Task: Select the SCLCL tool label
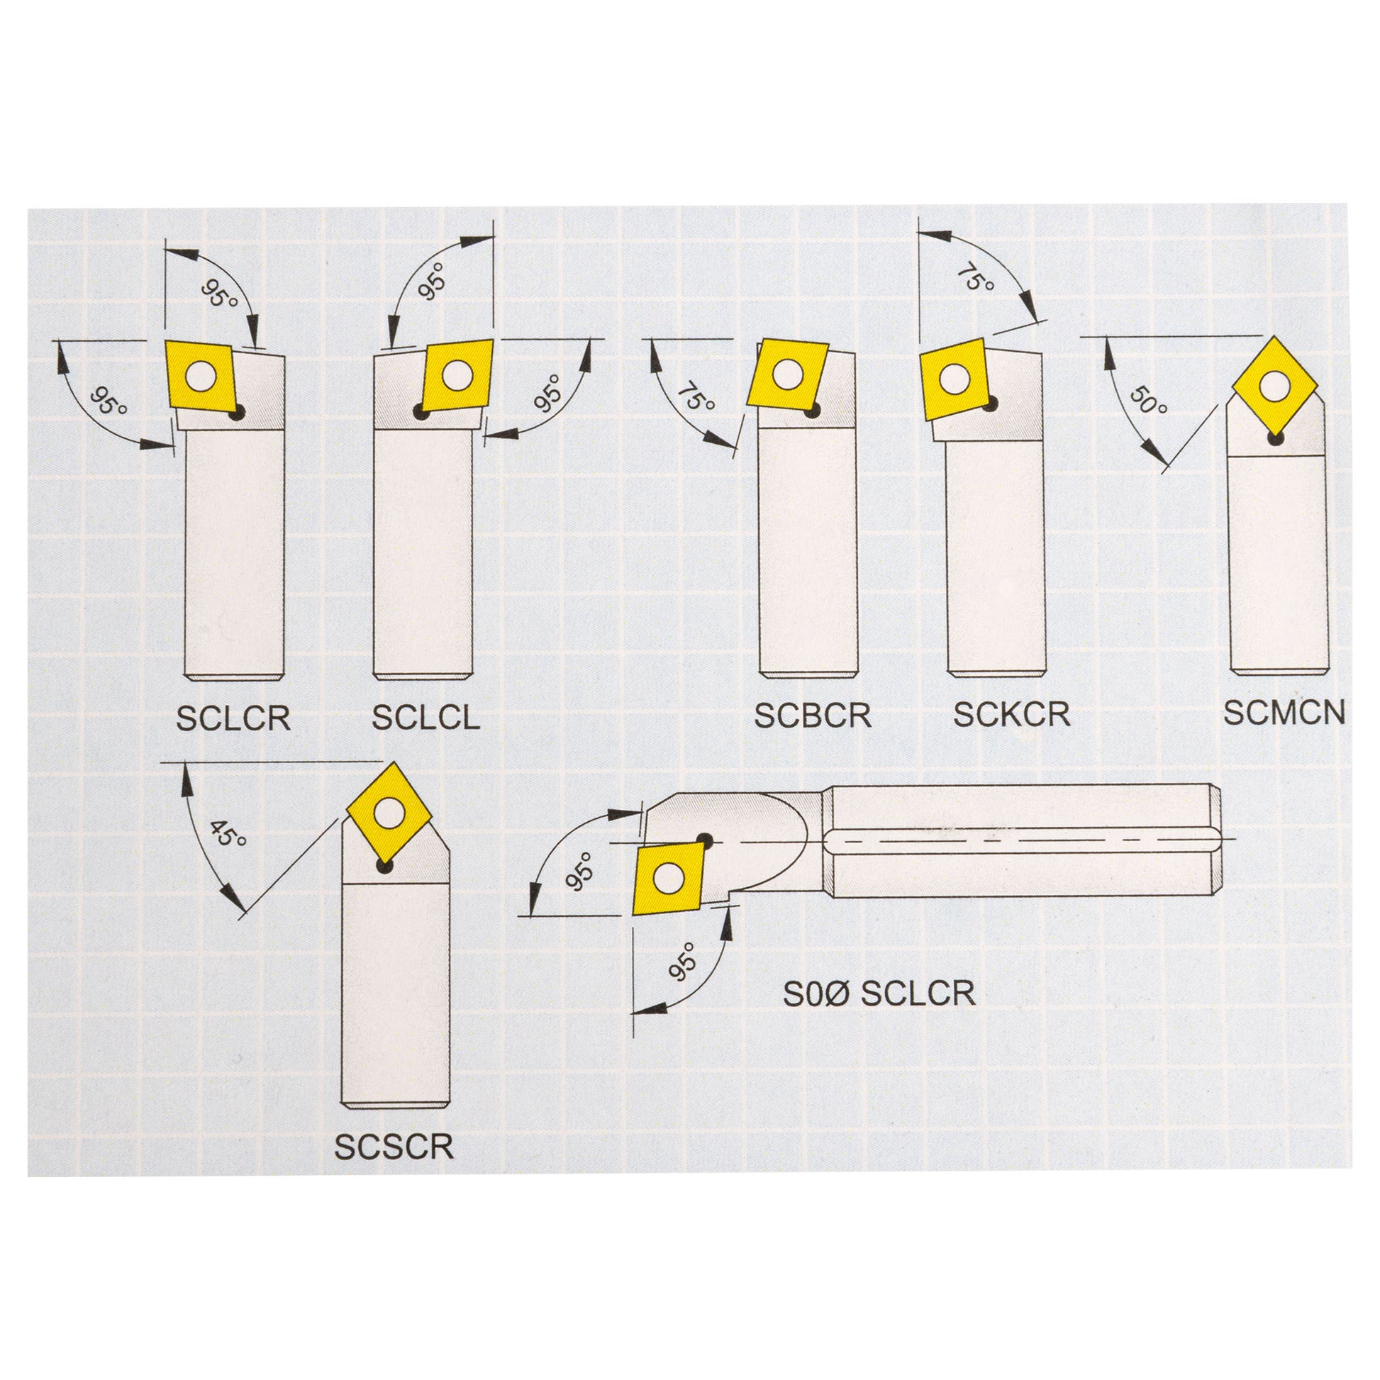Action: (x=425, y=718)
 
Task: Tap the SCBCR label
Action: (x=813, y=716)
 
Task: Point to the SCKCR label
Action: (x=1012, y=715)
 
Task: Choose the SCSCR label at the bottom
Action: (x=394, y=1147)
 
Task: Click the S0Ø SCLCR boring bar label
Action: (x=879, y=994)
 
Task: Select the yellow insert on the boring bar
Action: (x=669, y=878)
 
